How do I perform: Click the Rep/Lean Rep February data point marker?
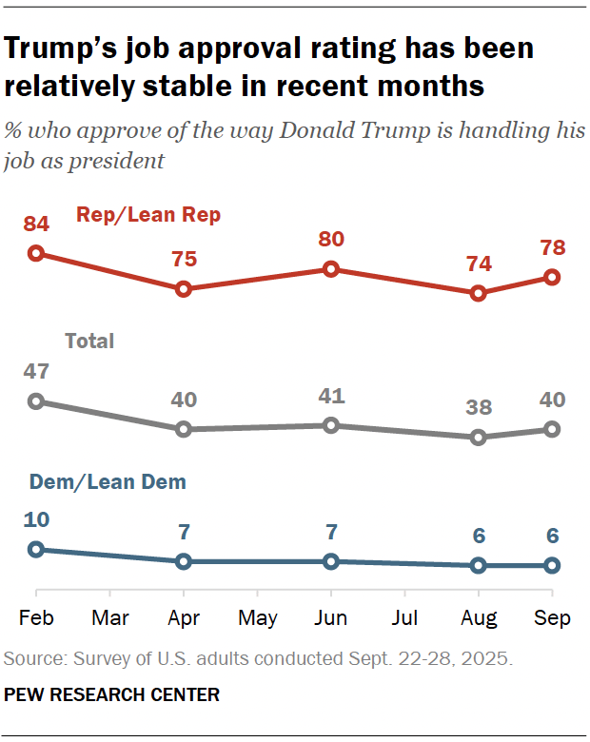coord(36,253)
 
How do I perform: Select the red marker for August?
coord(479,293)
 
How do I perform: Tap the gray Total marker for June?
coord(331,425)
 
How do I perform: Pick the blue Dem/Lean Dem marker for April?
coord(184,561)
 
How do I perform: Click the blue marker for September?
coord(552,566)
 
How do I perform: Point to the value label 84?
coord(36,224)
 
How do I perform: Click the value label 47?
coord(36,371)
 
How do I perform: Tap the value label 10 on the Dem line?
coord(36,519)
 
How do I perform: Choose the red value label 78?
coord(552,247)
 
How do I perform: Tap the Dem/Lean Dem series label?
coord(107,482)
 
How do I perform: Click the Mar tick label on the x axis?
coord(110,618)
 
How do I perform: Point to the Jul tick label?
coord(405,618)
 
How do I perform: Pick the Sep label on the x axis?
coord(552,618)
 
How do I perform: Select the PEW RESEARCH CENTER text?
coord(112,695)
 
